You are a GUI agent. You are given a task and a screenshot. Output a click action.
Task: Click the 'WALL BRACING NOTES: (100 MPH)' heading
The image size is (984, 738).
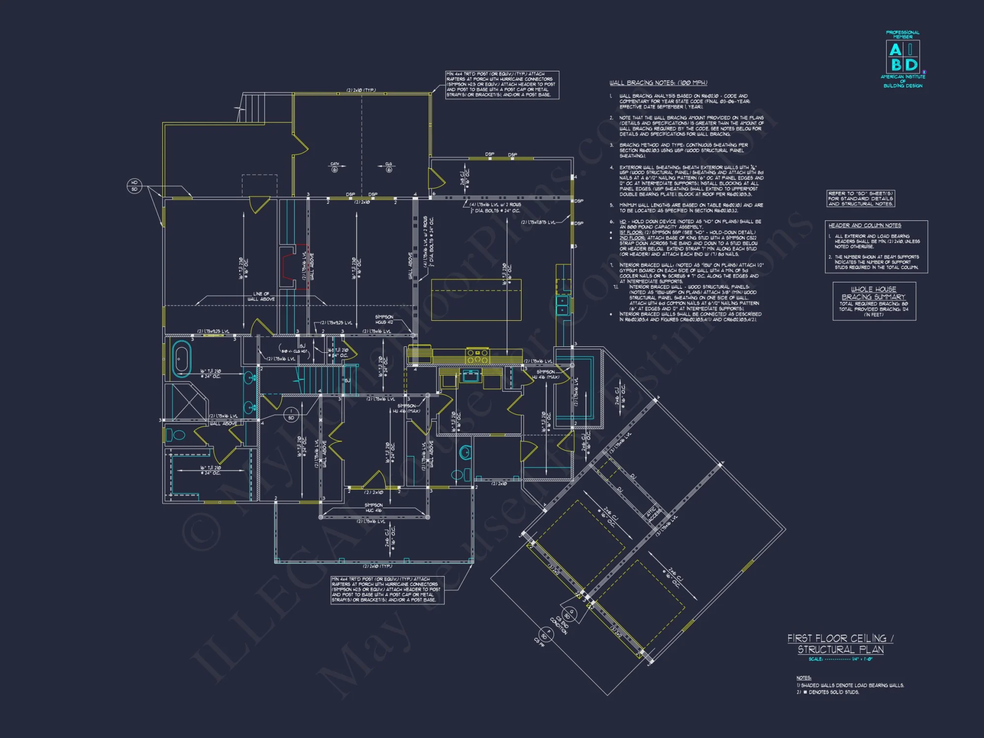(658, 83)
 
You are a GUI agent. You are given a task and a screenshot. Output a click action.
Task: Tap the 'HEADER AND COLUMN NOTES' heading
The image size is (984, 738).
(864, 225)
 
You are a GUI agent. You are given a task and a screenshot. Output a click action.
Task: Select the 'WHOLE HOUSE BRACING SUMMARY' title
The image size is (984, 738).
(873, 293)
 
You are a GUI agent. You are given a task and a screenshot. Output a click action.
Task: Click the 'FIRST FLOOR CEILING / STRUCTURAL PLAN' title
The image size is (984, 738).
(840, 644)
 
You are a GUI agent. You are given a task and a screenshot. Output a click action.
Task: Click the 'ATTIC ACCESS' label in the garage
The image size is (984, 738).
(652, 514)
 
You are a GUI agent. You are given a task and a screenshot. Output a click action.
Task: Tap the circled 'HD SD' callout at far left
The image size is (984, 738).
(134, 186)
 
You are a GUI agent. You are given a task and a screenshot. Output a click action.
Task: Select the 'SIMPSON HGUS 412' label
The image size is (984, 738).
(384, 319)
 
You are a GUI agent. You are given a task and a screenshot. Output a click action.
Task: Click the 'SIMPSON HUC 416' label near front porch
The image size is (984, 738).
(373, 508)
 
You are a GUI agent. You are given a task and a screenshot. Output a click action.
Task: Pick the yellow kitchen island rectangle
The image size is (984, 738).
(476, 300)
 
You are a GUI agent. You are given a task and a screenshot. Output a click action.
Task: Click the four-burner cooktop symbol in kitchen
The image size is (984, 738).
(477, 356)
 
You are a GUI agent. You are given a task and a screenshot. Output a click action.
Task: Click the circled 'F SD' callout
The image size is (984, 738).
(546, 634)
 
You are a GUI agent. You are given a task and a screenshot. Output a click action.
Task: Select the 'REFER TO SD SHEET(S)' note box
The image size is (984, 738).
(861, 199)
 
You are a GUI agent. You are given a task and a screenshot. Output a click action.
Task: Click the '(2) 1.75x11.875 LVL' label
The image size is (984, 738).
(538, 222)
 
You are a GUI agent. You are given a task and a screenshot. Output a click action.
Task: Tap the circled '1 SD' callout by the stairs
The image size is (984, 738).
(291, 414)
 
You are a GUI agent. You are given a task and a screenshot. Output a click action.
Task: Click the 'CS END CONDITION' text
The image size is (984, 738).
(559, 625)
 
